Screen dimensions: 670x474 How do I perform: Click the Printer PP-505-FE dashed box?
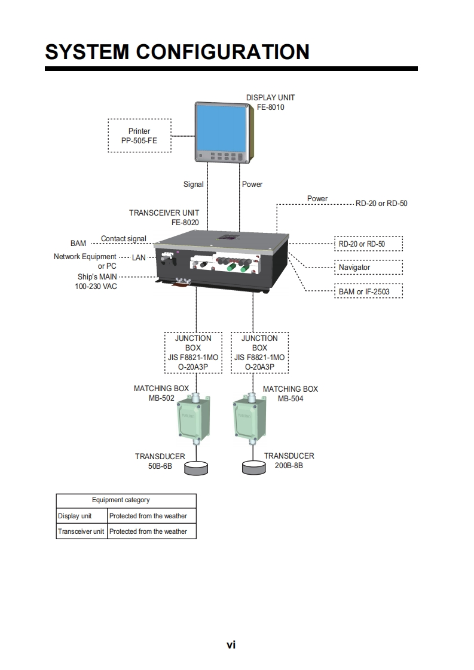pyautogui.click(x=139, y=136)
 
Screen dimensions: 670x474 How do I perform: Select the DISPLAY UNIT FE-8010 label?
pyautogui.click(x=270, y=102)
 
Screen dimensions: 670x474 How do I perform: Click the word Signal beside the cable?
pyautogui.click(x=193, y=185)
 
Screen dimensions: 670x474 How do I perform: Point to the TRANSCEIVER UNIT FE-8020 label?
pyautogui.click(x=164, y=217)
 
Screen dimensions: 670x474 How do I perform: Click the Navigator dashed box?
pyautogui.click(x=368, y=267)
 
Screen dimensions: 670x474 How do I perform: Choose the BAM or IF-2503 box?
pyautogui.click(x=368, y=291)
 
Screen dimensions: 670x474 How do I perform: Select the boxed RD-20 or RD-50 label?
pyautogui.click(x=368, y=244)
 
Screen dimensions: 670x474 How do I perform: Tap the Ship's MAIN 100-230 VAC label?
pyautogui.click(x=97, y=281)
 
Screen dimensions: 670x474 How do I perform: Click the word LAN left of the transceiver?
pyautogui.click(x=139, y=257)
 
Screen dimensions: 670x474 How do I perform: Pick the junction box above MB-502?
pyautogui.click(x=193, y=352)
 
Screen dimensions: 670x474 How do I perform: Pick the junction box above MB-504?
pyautogui.click(x=259, y=352)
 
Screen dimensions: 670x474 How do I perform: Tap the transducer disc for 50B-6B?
pyautogui.click(x=197, y=468)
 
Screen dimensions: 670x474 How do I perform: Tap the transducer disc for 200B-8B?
pyautogui.click(x=253, y=467)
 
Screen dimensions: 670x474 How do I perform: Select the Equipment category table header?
pyautogui.click(x=126, y=500)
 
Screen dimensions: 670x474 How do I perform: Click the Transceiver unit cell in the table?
pyautogui.click(x=81, y=531)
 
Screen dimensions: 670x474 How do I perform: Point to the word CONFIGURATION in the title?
pyautogui.click(x=222, y=52)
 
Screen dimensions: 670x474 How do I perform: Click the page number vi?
pyautogui.click(x=231, y=644)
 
